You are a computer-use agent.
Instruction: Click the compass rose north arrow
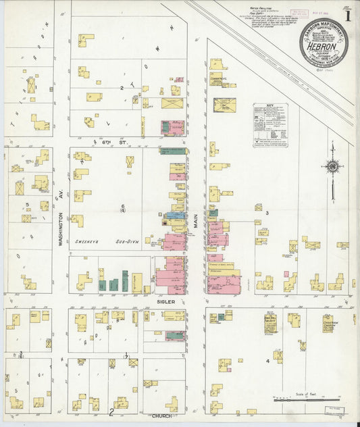click(x=332, y=166)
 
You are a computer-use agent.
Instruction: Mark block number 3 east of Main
click(x=267, y=214)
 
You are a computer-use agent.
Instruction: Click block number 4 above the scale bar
click(x=267, y=361)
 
